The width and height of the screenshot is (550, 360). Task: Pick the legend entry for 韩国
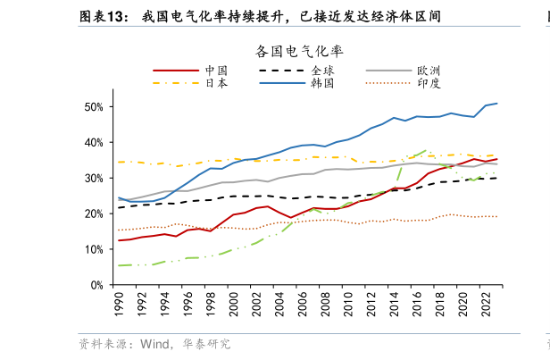coord(322,82)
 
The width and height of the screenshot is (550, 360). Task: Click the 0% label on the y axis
coord(96,286)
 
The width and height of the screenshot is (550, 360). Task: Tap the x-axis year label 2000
coord(234,306)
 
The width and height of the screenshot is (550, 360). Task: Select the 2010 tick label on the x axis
coord(348,306)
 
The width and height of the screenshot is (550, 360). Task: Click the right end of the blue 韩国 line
coord(497,104)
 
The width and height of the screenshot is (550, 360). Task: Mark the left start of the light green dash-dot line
coord(120,265)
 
